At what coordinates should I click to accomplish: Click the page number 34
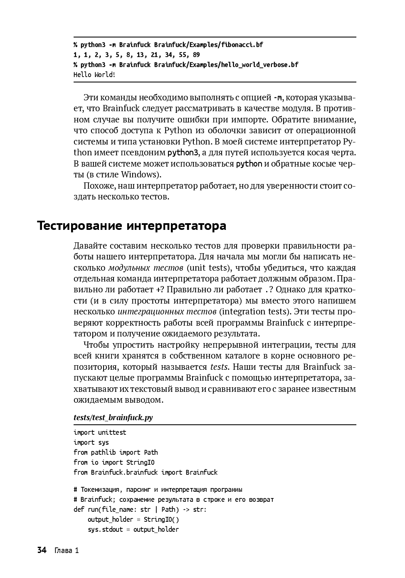pos(42,550)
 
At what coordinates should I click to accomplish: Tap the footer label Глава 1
pos(67,551)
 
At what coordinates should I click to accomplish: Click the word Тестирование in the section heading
pos(79,226)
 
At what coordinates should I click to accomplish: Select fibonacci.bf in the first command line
pos(242,45)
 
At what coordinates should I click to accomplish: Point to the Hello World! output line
pos(94,75)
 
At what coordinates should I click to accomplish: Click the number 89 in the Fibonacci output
pos(196,55)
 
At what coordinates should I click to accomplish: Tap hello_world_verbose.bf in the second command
pos(259,65)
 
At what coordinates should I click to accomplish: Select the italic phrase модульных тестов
pos(146,268)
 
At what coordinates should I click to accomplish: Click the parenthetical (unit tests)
pos(208,268)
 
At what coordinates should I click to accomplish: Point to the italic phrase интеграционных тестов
pos(167,311)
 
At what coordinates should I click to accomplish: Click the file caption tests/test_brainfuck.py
pos(113,417)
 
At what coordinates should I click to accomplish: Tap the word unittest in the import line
pos(112,432)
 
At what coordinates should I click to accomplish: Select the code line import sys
pos(91,442)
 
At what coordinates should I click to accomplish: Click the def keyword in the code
pos(79,509)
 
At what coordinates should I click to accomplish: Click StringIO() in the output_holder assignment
pos(161,519)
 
